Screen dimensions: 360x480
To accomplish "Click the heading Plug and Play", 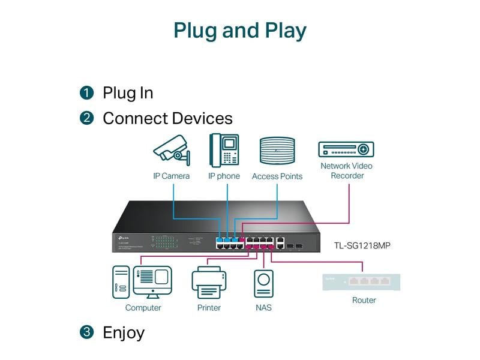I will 240,31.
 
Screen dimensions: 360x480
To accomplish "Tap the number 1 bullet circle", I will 87,93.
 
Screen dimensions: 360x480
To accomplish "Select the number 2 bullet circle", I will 87,118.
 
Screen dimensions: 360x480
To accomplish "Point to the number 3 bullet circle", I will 87,332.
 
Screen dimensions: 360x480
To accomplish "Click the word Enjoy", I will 124,332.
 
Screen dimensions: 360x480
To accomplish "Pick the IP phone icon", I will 224,150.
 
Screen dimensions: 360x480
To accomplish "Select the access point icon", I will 277,151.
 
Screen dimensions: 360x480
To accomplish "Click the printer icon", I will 209,283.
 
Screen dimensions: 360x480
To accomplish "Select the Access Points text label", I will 277,176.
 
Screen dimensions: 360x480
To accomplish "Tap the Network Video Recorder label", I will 346,170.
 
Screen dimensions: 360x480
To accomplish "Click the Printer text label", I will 209,308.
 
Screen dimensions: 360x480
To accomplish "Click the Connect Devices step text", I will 167,118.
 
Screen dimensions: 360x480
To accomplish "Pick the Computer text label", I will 143,308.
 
